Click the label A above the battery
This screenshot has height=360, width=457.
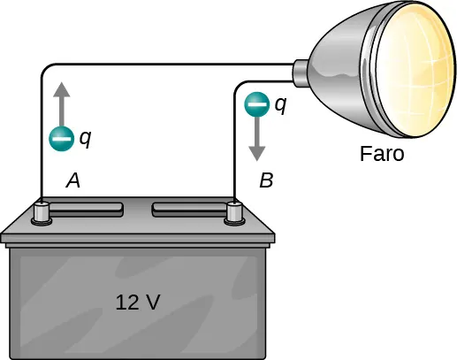point(74,181)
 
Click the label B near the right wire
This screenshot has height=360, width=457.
point(266,181)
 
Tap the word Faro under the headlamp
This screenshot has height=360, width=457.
point(382,154)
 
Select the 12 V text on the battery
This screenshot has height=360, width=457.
point(138,303)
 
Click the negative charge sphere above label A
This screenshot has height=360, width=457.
point(61,138)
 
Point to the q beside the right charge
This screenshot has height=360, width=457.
point(280,103)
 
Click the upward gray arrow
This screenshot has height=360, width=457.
point(61,101)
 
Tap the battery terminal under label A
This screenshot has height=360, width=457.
point(41,213)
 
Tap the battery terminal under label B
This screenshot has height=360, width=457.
point(234,213)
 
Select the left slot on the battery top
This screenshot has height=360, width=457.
point(86,209)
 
